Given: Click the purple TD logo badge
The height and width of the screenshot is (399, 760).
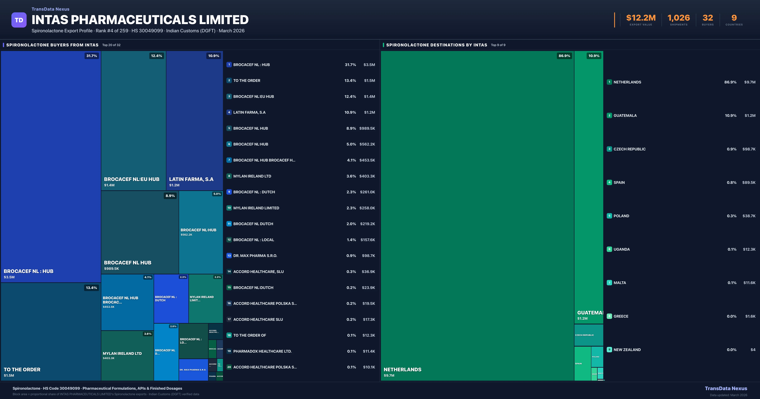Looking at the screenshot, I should (19, 20).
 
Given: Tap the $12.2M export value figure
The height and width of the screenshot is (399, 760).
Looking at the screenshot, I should (641, 18).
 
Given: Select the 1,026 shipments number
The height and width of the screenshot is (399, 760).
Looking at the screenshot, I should (679, 18).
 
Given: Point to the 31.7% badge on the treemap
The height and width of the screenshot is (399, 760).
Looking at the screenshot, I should (92, 56).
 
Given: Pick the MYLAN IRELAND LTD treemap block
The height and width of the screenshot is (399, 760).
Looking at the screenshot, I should (127, 356).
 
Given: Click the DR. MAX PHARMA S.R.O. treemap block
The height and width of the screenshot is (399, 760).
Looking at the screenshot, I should (193, 370).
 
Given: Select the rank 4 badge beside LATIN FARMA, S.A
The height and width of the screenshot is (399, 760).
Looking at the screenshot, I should (229, 112).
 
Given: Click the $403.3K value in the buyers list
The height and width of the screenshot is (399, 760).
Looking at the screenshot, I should (367, 176).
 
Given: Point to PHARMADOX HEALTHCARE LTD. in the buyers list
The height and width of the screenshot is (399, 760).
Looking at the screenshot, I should (262, 351).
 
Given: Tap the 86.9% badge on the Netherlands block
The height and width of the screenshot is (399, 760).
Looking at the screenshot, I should (564, 56).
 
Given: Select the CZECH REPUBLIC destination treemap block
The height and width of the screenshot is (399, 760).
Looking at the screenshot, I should (589, 335).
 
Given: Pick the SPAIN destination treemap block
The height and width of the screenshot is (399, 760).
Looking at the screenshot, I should (582, 364).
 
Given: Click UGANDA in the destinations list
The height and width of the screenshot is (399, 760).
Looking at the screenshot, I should (622, 249).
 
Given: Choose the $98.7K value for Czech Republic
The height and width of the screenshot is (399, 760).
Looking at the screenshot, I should (749, 149).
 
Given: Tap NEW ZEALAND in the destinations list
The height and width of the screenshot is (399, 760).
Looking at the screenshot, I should (627, 350).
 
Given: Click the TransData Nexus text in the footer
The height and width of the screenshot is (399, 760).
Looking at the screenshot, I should (726, 388).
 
